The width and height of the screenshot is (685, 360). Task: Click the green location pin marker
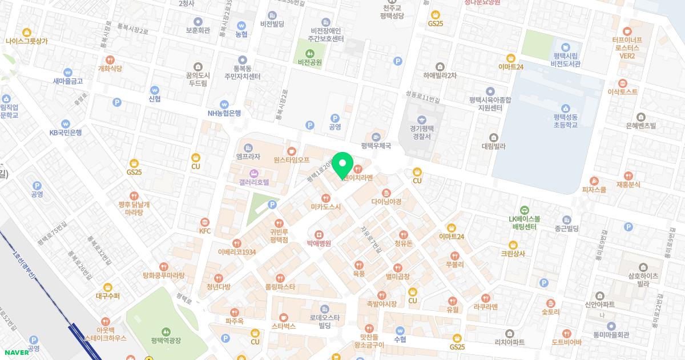pos(342,166)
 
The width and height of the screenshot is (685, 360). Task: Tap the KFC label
pos(205,231)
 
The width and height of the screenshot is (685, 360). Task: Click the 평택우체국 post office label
pos(376,146)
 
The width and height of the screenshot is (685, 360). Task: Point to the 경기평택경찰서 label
pos(422,132)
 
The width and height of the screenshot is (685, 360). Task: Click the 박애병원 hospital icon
pos(319,234)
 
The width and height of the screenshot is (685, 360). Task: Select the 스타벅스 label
pos(284,326)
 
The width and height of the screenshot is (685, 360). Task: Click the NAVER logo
pos(16,352)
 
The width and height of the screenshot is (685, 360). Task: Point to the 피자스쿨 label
pos(594,190)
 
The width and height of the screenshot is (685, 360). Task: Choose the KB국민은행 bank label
pos(66,133)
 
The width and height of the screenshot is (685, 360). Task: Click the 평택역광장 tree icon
pos(166,331)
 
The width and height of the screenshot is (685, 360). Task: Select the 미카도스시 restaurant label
pos(326,207)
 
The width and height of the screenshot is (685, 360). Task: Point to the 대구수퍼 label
pos(108,296)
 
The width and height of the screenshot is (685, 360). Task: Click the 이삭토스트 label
pos(622,91)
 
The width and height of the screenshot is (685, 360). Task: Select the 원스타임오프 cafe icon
pos(292,151)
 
